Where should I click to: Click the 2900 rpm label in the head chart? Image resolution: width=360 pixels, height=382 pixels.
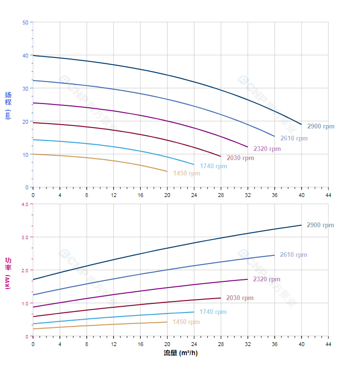(x=321, y=127)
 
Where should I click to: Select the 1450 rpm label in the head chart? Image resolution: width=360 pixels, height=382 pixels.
(x=187, y=174)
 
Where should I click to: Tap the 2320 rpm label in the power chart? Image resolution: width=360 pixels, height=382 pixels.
(x=267, y=279)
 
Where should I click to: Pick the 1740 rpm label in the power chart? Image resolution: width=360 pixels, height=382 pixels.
(x=213, y=312)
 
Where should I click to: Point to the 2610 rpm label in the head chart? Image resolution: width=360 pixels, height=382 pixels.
(x=294, y=139)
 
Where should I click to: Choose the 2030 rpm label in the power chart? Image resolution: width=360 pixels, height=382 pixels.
(x=240, y=298)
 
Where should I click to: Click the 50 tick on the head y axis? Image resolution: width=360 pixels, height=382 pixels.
(x=25, y=23)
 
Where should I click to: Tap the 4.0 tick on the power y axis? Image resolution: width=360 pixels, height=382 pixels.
(x=25, y=204)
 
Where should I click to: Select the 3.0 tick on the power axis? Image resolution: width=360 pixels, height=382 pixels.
(x=25, y=237)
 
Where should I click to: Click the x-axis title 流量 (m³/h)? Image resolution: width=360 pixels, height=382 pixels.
(x=180, y=353)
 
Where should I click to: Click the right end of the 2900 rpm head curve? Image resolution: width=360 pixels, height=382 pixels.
(x=301, y=125)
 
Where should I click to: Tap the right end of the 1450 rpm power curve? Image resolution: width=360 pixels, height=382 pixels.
(x=167, y=322)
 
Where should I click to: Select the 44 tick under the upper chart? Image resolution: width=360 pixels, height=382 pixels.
(x=328, y=195)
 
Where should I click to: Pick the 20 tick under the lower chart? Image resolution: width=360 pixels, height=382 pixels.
(x=167, y=344)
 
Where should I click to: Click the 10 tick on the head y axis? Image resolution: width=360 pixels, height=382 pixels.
(x=25, y=154)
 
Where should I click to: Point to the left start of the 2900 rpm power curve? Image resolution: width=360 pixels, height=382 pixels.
(x=33, y=279)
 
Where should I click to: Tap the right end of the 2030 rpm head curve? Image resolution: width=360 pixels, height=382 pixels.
(x=221, y=156)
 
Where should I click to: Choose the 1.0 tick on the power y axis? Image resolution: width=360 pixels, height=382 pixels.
(x=25, y=303)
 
